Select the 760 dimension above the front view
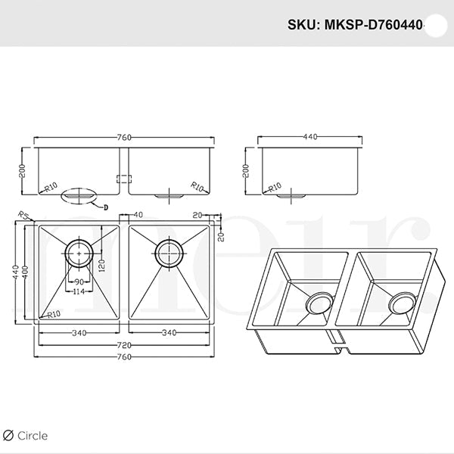pos(125,138)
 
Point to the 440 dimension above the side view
pos(309,138)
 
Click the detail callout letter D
pos(106,207)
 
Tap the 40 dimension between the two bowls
pos(138,216)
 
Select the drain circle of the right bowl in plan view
pos(168,251)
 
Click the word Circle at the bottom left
pos(33,435)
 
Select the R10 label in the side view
pos(273,186)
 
